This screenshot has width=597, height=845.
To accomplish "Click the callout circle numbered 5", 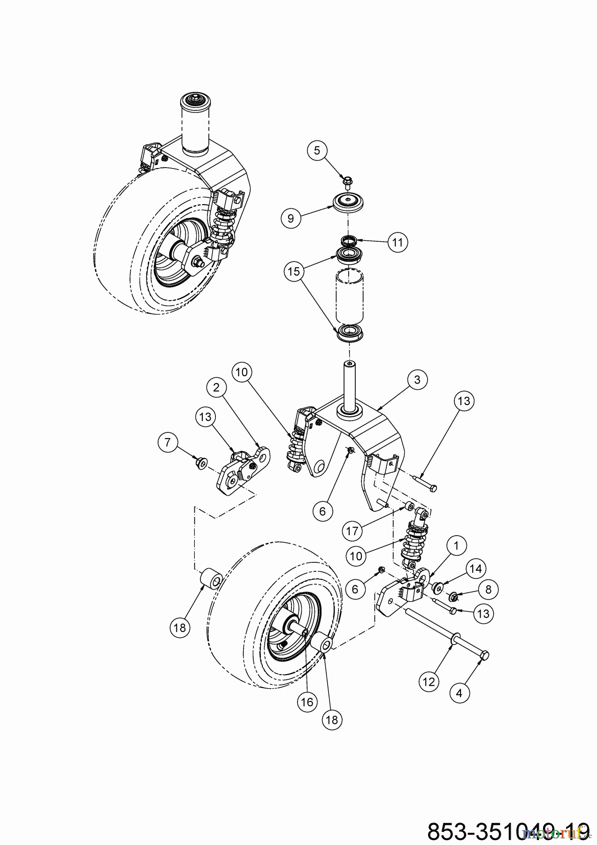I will [317, 151].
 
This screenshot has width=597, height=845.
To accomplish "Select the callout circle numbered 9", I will [291, 218].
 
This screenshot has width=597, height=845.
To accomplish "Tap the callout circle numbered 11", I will [398, 242].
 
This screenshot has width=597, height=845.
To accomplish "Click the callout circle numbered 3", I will [417, 380].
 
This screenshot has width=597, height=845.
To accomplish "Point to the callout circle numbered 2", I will [216, 388].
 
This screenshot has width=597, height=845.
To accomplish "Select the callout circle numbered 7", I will [168, 442].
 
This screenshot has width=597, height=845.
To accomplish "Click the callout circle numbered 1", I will [457, 546].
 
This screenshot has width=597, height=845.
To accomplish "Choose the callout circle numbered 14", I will [475, 569].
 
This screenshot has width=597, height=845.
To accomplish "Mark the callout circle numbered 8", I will [488, 589].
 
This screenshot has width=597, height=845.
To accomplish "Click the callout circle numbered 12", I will [429, 681].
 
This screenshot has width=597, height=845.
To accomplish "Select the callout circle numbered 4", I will [459, 692].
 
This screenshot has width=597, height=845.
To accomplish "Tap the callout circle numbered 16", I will [307, 702].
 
